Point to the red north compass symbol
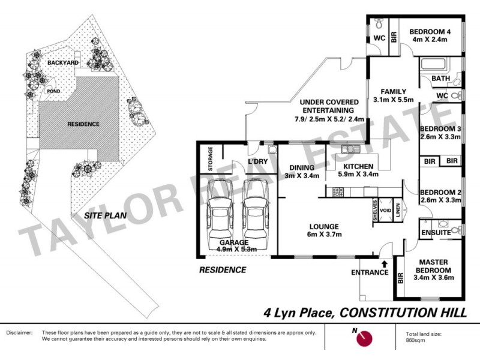tap(364, 340)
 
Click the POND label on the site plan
tap(54, 91)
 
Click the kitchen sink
tap(347, 148)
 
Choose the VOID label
tap(387, 211)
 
